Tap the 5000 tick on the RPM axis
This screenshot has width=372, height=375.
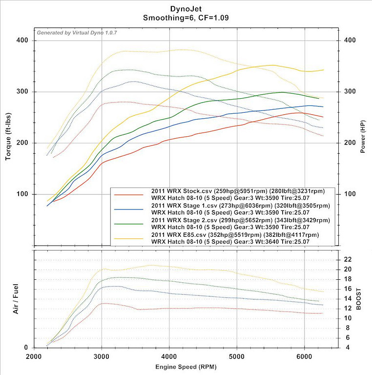pyautogui.click(x=237, y=356)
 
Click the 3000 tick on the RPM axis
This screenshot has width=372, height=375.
pyautogui.click(x=102, y=356)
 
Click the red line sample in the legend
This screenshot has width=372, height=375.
pyautogui.click(x=128, y=194)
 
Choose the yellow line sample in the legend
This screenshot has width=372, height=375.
pyautogui.click(x=128, y=238)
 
